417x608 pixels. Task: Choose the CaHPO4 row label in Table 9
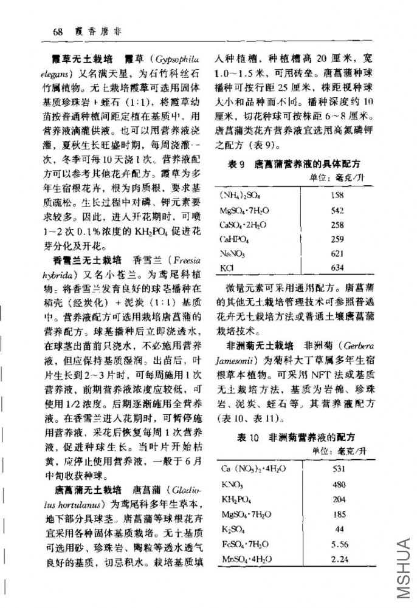point(235,238)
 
